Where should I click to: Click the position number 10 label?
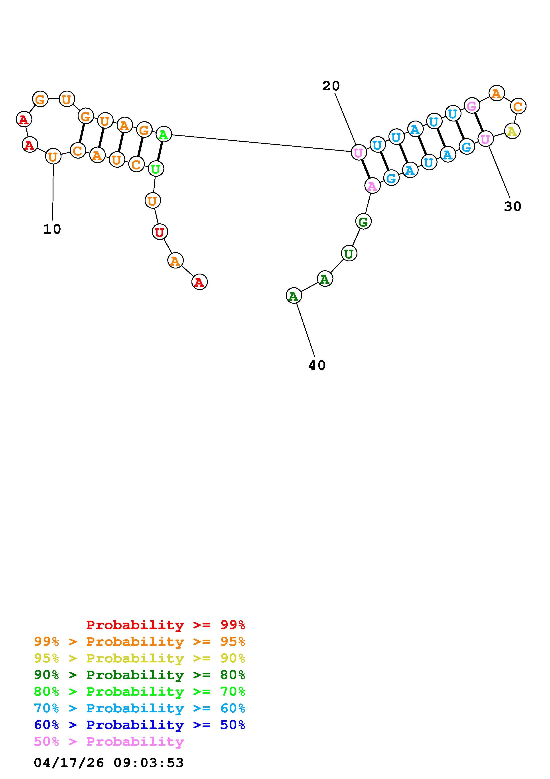[x=52, y=229]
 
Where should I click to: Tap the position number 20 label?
[x=331, y=86]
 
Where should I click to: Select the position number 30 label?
[x=512, y=206]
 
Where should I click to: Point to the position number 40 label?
[x=317, y=366]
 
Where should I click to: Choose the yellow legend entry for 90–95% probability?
[x=140, y=658]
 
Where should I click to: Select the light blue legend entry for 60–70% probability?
[x=140, y=708]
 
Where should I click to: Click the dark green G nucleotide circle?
[x=363, y=222]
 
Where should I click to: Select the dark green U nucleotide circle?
[x=349, y=253]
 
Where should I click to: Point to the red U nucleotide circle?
[x=160, y=232]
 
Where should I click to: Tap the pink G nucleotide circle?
[x=472, y=106]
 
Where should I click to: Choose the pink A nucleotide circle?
[x=372, y=186]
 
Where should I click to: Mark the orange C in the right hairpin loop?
[x=518, y=107]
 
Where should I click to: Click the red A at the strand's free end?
[x=200, y=282]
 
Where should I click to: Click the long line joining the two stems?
[x=261, y=143]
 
